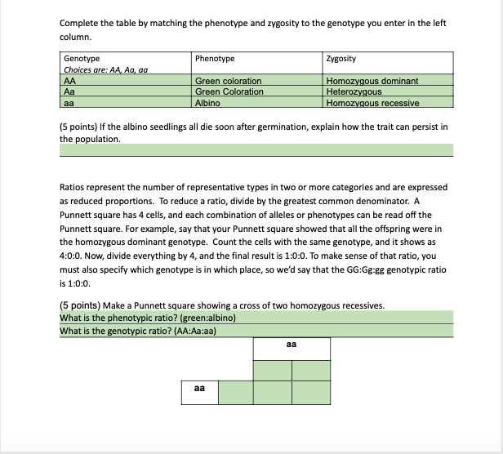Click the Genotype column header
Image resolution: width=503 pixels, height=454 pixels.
tap(82, 59)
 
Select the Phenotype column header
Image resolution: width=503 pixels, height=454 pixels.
tap(215, 59)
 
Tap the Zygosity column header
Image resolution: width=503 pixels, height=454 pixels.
tap(340, 59)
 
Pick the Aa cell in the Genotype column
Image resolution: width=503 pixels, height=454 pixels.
tap(69, 91)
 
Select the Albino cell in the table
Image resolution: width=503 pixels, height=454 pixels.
tap(207, 103)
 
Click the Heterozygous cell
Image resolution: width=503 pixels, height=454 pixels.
tap(354, 91)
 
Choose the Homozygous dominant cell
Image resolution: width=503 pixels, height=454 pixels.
tap(372, 81)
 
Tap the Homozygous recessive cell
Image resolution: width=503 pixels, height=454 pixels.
tap(372, 103)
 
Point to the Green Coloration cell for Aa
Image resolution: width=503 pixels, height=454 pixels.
tap(229, 91)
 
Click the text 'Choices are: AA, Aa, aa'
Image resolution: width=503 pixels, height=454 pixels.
tap(105, 69)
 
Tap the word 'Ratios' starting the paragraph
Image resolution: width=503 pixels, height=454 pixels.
tap(73, 187)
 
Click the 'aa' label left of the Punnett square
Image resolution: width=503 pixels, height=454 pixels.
tap(199, 389)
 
